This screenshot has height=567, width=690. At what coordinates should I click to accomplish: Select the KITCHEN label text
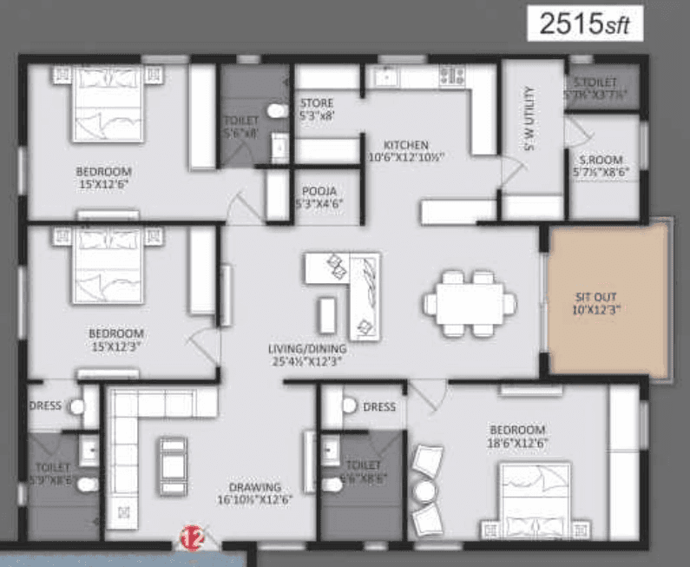click(404, 150)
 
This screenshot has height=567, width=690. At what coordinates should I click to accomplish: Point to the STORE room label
click(317, 108)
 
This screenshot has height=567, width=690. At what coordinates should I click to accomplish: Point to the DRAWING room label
click(254, 492)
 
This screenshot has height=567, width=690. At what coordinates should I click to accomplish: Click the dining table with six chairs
click(470, 303)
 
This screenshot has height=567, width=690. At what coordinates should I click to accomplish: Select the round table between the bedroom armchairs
click(423, 491)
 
